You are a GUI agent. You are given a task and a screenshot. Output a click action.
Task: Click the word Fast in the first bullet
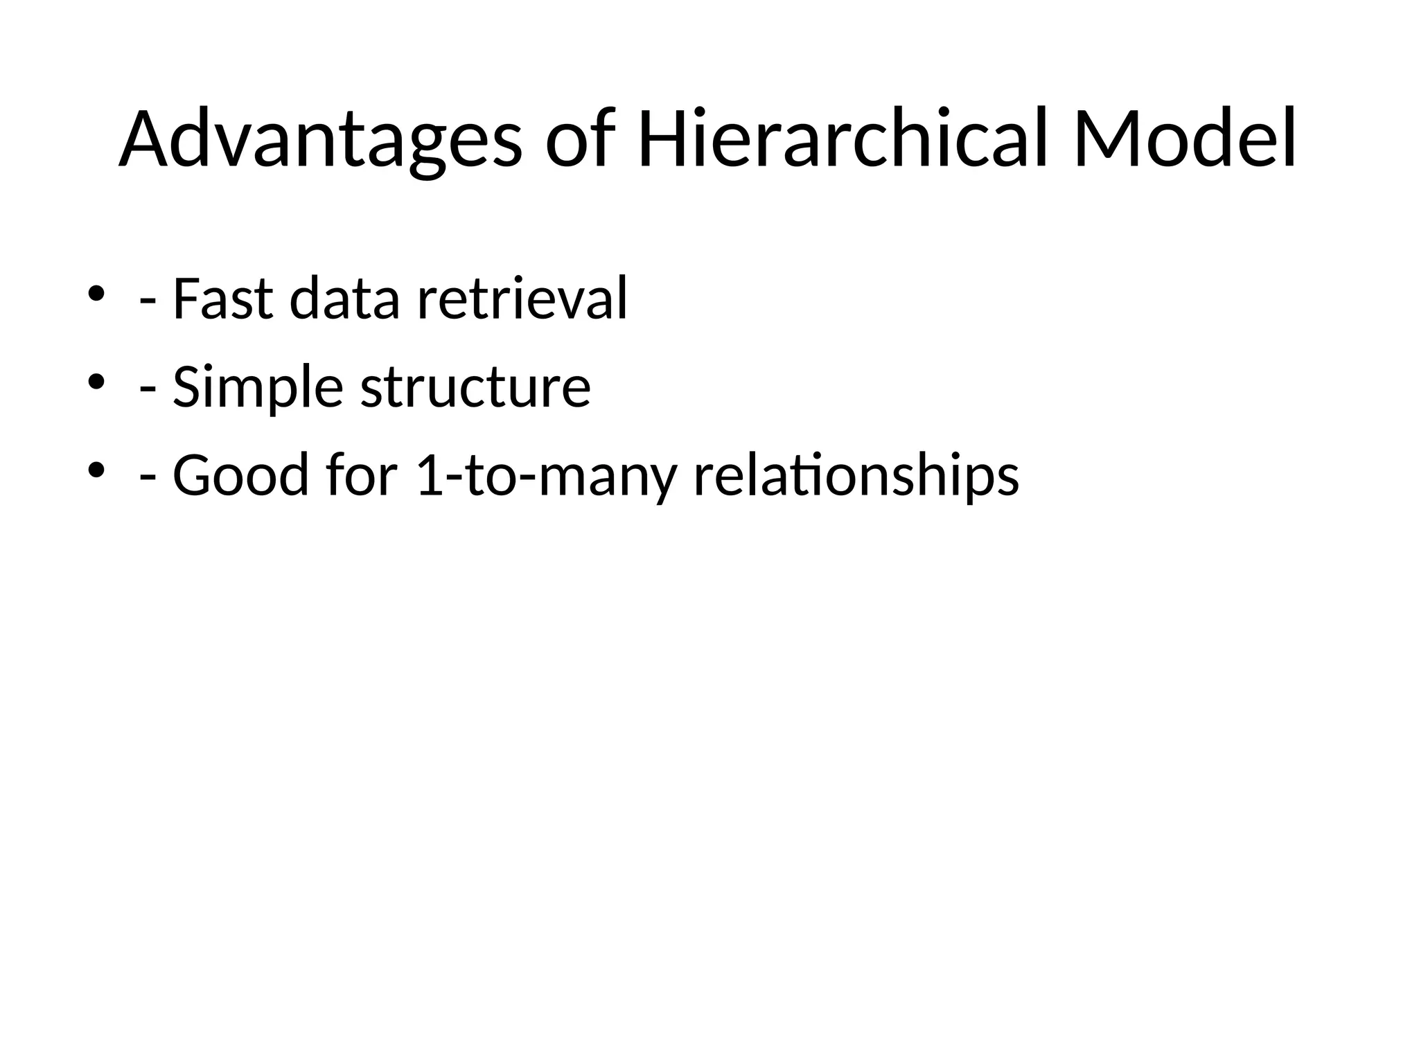(222, 299)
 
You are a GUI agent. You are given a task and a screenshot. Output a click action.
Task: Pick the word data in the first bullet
(344, 299)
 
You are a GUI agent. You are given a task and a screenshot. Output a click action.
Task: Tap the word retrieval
(522, 299)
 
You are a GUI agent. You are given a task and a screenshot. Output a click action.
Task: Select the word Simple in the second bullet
(258, 387)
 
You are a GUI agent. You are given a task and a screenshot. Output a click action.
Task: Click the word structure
(475, 387)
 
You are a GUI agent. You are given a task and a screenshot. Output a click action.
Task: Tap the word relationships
(856, 477)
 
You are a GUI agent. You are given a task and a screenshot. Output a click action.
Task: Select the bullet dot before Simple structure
(96, 382)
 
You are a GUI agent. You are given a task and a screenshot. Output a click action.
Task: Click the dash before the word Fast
(147, 303)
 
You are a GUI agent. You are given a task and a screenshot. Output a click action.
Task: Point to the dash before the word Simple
(147, 392)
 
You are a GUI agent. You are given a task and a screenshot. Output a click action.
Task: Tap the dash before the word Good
(147, 480)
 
